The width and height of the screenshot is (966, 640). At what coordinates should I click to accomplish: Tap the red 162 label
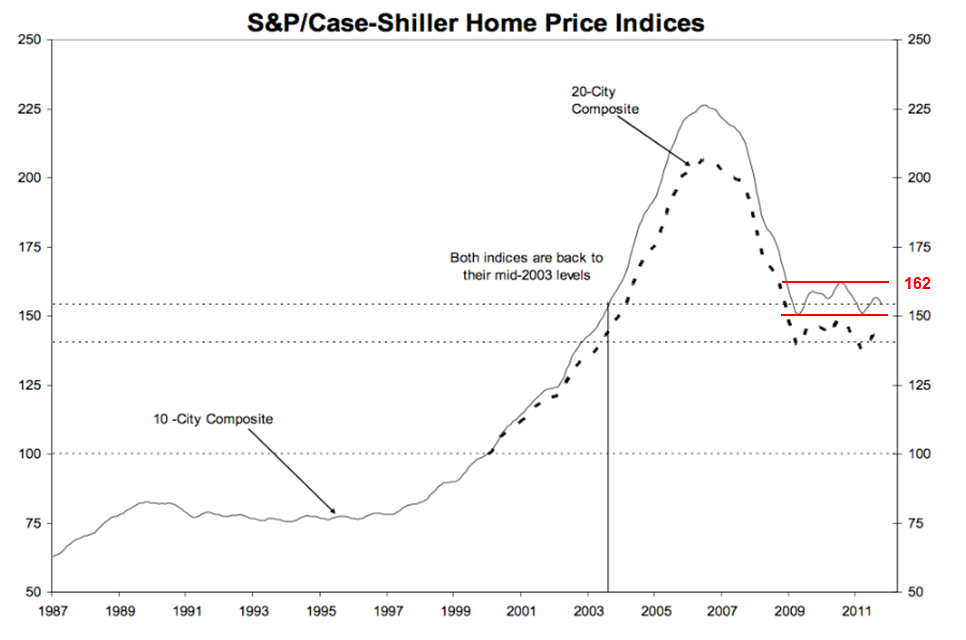point(917,284)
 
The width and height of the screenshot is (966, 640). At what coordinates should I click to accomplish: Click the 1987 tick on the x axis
point(52,609)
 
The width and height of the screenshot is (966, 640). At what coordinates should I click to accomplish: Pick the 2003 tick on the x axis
point(587,609)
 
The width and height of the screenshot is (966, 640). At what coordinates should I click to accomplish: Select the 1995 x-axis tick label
point(319,609)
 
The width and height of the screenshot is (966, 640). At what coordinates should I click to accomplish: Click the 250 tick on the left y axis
point(27,40)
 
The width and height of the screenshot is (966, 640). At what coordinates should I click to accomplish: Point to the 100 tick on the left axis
point(27,454)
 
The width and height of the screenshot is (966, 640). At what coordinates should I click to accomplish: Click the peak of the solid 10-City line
point(704,105)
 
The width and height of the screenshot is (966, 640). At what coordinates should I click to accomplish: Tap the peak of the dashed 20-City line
point(702,159)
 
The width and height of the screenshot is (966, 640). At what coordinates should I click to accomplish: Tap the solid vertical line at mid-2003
point(608,450)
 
